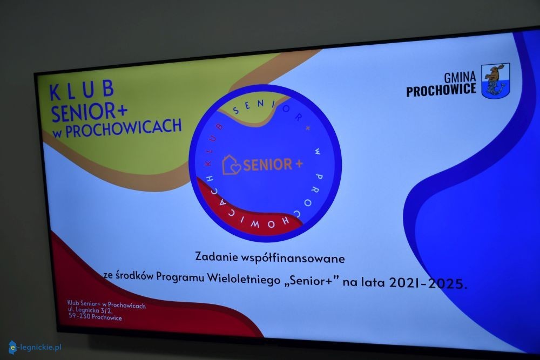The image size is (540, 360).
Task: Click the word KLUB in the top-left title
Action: pos(82,90)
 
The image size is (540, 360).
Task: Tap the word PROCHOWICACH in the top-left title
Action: pos(123,127)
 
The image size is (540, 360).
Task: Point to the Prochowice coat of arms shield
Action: pos(495,81)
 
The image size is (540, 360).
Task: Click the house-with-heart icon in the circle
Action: pos(231,165)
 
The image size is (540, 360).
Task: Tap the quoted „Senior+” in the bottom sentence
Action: pos(312,281)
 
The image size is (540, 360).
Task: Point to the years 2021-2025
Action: pos(428,283)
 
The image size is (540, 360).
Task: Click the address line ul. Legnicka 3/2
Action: pos(90,310)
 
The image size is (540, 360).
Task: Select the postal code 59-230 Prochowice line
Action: pos(95,316)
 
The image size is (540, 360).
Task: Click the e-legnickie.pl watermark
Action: pos(35,348)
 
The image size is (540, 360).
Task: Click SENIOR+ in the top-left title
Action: pos(89,112)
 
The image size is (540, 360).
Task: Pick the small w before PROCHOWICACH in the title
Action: pos(57,133)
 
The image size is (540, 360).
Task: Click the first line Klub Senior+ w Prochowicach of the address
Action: pos(106,304)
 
